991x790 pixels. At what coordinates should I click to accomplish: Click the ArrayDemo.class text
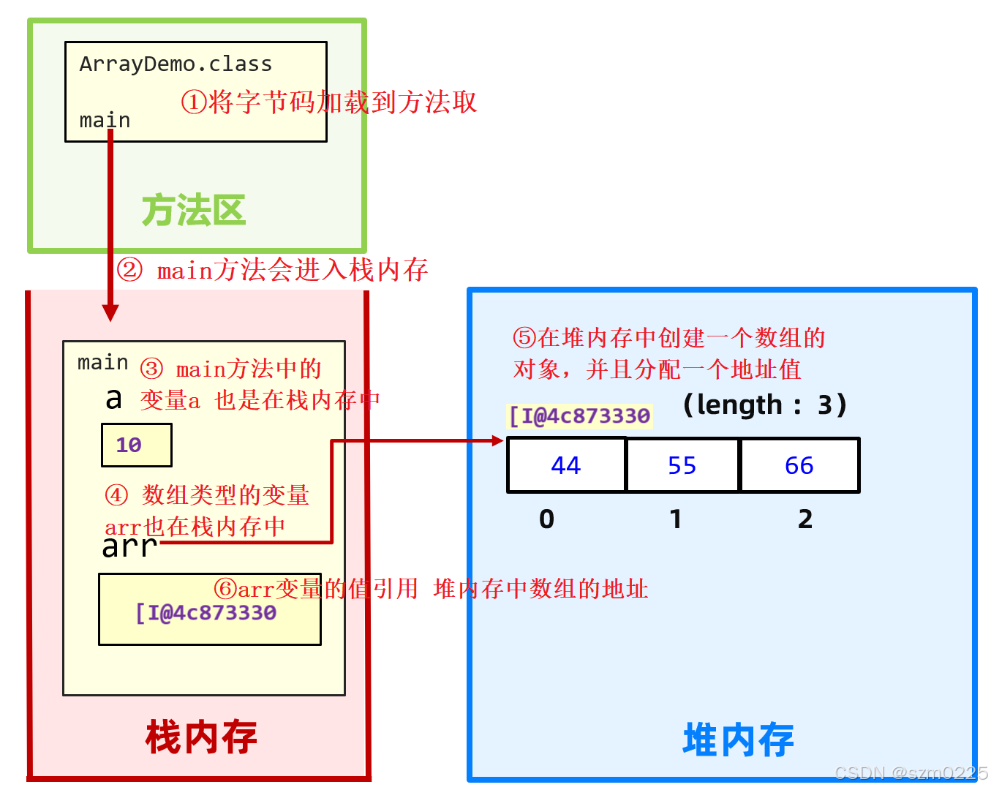click(176, 64)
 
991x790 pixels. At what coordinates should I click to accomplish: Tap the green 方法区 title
click(194, 211)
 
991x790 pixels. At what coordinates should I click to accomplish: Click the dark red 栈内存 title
click(201, 737)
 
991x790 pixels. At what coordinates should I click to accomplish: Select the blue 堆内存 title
click(738, 740)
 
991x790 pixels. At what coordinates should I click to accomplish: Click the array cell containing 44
click(566, 465)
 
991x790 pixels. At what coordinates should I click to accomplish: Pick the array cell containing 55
click(682, 465)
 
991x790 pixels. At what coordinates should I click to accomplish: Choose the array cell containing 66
click(799, 465)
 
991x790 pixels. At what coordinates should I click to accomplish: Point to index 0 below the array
click(546, 519)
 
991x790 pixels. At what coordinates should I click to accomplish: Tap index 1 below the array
click(676, 519)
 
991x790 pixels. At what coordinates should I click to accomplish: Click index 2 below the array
click(805, 519)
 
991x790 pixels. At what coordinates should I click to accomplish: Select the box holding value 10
click(137, 445)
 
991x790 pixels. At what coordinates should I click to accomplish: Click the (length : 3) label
click(764, 405)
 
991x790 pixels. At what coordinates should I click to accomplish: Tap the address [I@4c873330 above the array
click(579, 416)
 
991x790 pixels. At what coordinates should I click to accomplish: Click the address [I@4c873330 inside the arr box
click(206, 613)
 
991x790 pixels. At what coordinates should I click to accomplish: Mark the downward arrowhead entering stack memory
click(110, 312)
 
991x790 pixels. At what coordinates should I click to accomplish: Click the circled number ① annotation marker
click(194, 102)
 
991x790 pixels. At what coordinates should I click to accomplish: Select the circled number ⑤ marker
click(524, 338)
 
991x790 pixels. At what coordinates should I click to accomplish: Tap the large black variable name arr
click(129, 546)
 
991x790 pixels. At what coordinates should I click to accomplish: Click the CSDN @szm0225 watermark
click(911, 773)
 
